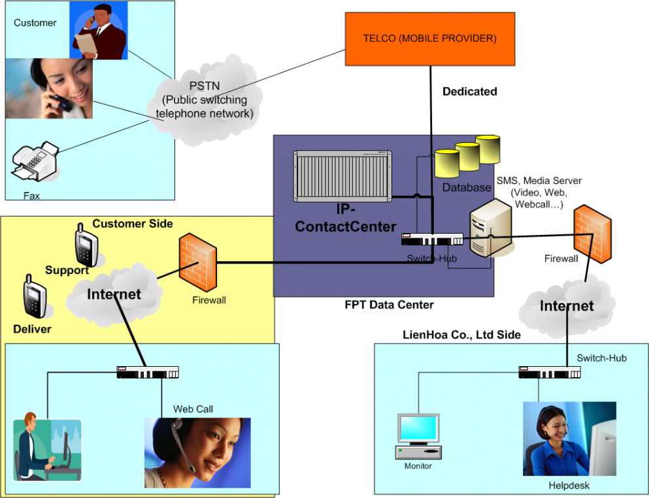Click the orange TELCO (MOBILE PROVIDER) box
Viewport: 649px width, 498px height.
[x=430, y=39]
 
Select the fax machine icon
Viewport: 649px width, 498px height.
[x=36, y=164]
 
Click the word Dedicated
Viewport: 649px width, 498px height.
[x=469, y=91]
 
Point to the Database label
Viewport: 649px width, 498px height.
[x=466, y=188]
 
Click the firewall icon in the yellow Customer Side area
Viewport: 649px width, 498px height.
[x=197, y=264]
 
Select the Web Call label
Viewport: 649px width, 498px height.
[x=193, y=409]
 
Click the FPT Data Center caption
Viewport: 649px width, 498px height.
[x=389, y=305]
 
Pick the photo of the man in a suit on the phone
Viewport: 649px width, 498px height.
[x=98, y=31]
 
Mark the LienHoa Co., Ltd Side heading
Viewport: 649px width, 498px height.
[x=461, y=335]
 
